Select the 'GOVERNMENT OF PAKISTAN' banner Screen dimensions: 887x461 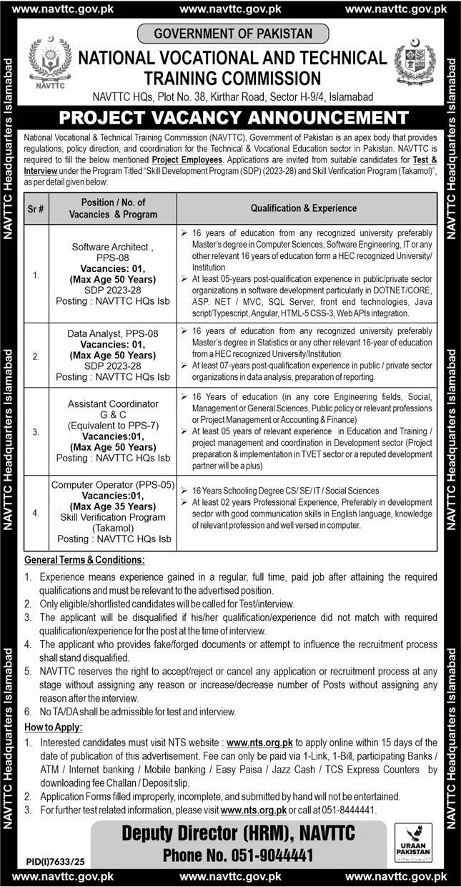pos(232,34)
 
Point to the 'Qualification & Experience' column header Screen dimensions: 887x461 pos(303,208)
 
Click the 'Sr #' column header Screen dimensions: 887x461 pos(36,208)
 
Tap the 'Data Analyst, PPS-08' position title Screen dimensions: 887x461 pos(113,333)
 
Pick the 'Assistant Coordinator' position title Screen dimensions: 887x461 pos(113,403)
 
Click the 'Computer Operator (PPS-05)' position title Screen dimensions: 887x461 pos(113,484)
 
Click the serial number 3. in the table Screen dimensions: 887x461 pos(36,431)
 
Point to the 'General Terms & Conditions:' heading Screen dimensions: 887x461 pos(84,559)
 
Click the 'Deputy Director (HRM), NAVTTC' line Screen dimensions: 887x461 pos(239,833)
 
